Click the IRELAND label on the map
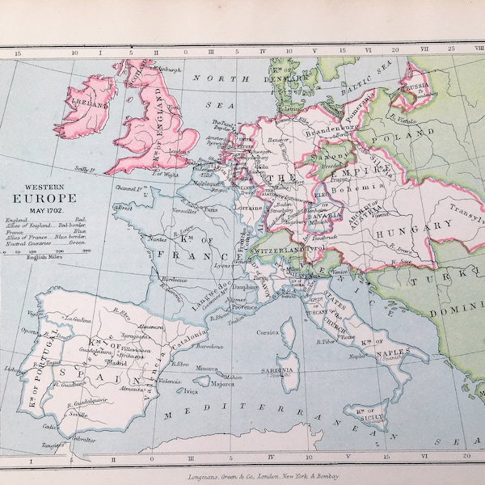click(x=92, y=105)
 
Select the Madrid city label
click(x=117, y=363)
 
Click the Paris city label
click(x=212, y=209)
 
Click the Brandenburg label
click(x=331, y=127)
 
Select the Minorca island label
click(x=209, y=368)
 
